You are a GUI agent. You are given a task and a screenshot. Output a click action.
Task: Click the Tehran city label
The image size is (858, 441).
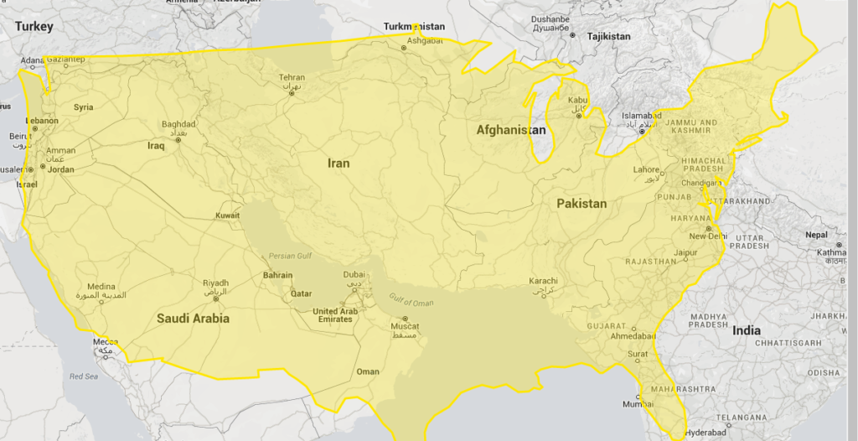point(292,78)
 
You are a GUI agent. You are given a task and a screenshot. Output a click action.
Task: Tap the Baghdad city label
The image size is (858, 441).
point(178,125)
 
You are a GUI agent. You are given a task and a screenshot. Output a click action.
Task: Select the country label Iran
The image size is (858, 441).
point(339,163)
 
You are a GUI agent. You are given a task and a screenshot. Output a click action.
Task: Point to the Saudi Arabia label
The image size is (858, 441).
point(193,319)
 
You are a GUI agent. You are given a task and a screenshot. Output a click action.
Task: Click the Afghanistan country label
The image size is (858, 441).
point(511,130)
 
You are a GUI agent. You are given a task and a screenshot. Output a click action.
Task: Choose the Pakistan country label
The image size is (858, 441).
point(581,204)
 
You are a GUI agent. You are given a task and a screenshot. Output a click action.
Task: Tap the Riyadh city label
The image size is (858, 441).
point(215,283)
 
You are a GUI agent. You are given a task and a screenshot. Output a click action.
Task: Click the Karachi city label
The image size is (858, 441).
point(544,281)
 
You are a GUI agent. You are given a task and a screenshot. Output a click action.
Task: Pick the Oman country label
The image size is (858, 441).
point(368,371)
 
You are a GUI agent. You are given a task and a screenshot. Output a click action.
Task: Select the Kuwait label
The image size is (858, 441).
point(227,215)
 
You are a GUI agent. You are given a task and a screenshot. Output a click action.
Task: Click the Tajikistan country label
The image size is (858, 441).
point(608,37)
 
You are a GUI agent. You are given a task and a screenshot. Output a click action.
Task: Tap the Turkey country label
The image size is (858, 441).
point(34,27)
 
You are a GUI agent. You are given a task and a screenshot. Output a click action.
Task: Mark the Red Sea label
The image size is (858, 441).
point(84,376)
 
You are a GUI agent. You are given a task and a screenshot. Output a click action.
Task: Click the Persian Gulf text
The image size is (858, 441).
point(289,256)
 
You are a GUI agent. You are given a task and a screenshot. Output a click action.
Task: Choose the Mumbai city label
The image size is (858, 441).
point(638,404)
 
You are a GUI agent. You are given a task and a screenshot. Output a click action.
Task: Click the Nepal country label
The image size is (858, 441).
point(816,235)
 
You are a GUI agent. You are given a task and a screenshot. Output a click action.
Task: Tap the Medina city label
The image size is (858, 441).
point(101,287)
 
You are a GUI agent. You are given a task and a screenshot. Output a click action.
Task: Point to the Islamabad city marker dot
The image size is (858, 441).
point(642,130)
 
